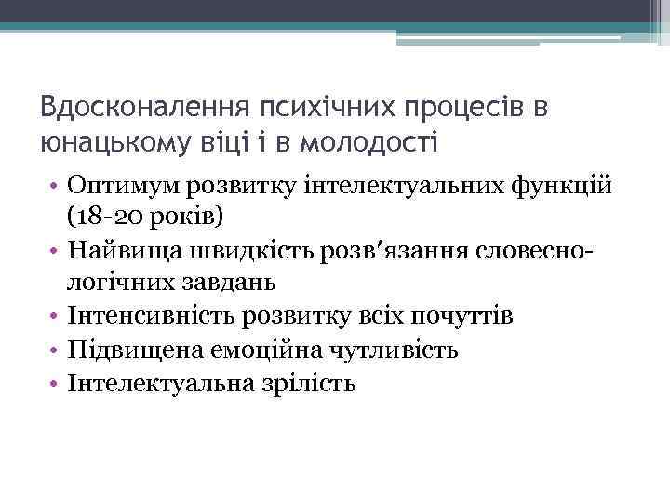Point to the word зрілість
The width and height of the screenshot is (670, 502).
[x=313, y=382]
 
